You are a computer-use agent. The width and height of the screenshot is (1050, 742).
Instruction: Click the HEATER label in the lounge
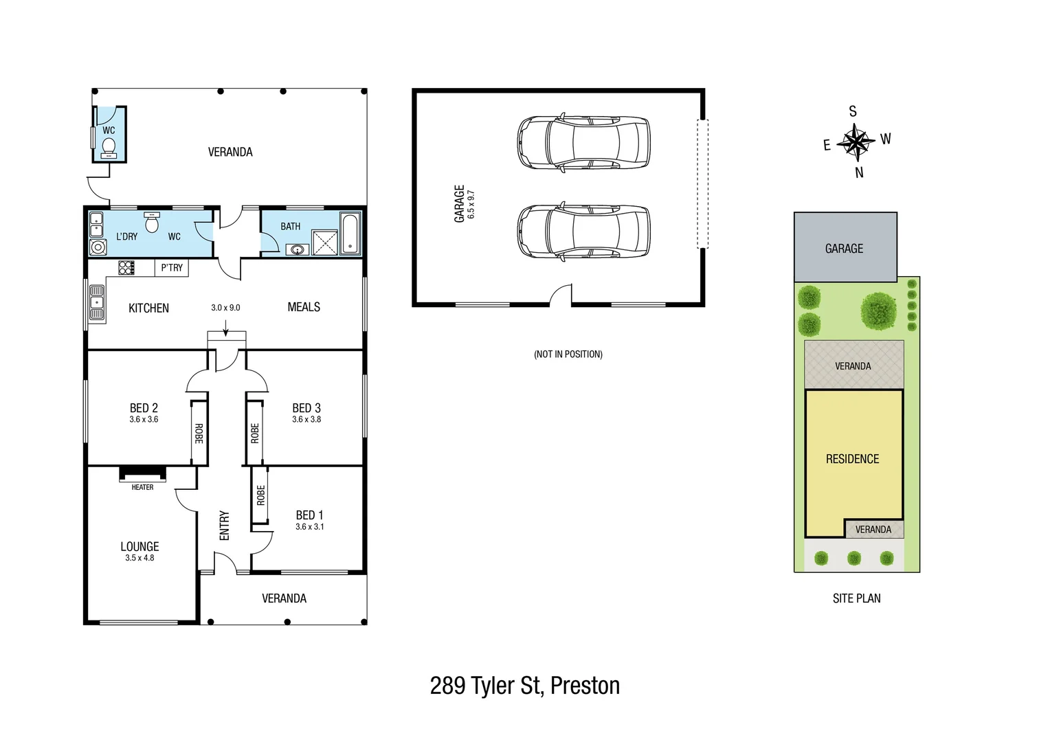click(x=142, y=487)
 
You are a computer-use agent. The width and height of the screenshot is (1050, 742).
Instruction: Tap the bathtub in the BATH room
click(x=350, y=234)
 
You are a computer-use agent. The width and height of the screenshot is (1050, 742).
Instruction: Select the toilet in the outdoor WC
click(x=109, y=146)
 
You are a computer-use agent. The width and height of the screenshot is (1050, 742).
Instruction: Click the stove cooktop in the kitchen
click(x=127, y=267)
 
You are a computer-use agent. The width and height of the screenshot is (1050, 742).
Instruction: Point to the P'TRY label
click(x=172, y=267)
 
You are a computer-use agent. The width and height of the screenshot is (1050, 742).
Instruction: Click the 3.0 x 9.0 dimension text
click(x=225, y=308)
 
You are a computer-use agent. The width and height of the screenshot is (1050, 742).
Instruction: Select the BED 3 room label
click(x=306, y=408)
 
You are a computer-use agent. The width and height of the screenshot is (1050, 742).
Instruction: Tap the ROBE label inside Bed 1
click(x=260, y=495)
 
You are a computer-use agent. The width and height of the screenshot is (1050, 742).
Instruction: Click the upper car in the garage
click(x=583, y=142)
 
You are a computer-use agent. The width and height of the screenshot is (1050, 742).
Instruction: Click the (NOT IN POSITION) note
click(x=568, y=355)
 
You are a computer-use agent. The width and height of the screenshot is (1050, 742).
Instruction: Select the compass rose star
click(x=856, y=142)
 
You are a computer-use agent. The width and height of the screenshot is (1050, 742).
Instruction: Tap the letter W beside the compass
click(x=886, y=139)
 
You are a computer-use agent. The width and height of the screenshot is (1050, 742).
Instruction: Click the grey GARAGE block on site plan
click(x=845, y=248)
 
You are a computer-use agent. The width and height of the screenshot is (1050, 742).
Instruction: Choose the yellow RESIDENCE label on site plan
click(x=852, y=459)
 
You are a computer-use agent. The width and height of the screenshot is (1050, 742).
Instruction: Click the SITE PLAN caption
click(x=856, y=598)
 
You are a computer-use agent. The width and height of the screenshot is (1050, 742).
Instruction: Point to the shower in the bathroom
click(x=325, y=242)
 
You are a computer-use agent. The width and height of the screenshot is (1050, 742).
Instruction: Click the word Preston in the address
click(x=585, y=686)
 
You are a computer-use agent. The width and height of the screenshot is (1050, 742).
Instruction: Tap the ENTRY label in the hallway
click(x=224, y=526)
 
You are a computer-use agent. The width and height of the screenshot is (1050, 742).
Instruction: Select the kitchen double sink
click(x=97, y=303)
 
